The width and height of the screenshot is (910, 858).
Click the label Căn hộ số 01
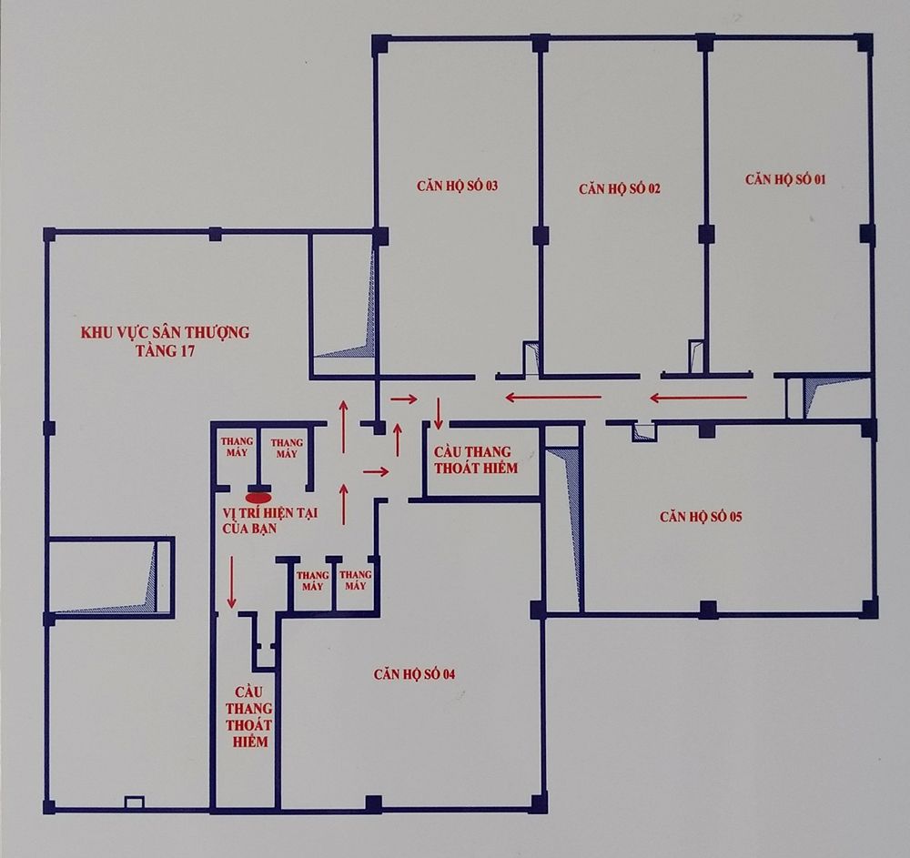pyautogui.click(x=785, y=178)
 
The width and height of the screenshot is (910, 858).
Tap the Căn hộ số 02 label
pyautogui.click(x=619, y=188)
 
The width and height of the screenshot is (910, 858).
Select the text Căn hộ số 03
pyautogui.click(x=458, y=186)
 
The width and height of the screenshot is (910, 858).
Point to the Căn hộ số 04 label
pyautogui.click(x=414, y=674)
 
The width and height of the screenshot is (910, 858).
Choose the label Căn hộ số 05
pyautogui.click(x=701, y=516)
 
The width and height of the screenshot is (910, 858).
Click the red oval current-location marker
pyautogui.click(x=258, y=497)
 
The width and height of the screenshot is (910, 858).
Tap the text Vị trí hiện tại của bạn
pyautogui.click(x=270, y=521)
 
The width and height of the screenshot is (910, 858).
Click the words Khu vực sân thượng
pyautogui.click(x=165, y=332)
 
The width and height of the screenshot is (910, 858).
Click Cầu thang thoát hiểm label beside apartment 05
pyautogui.click(x=476, y=459)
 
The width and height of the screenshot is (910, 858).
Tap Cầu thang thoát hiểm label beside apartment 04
pyautogui.click(x=249, y=716)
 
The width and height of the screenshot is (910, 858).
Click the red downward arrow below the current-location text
pyautogui.click(x=232, y=582)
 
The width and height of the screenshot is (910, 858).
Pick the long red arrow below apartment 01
pyautogui.click(x=698, y=398)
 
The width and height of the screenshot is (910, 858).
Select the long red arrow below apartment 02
pyautogui.click(x=552, y=398)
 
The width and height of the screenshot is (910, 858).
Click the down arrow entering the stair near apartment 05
pyautogui.click(x=439, y=414)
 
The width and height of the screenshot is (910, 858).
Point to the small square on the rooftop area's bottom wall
pyautogui.click(x=134, y=802)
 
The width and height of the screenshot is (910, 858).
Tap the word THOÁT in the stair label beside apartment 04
pyautogui.click(x=249, y=725)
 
